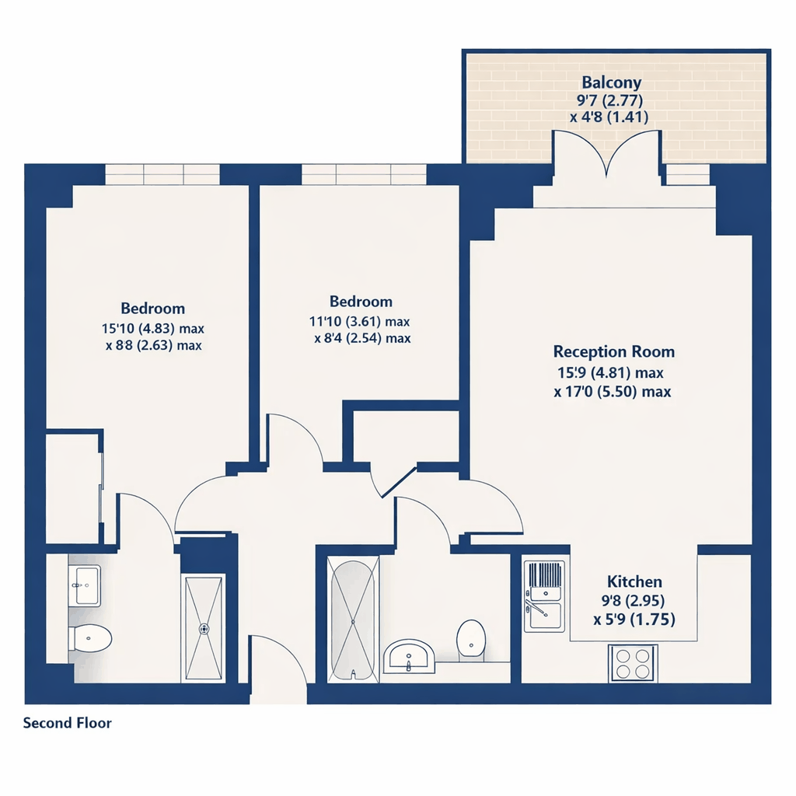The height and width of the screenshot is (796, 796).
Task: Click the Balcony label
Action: [x=611, y=82]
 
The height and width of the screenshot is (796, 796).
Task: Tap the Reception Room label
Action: [x=614, y=351]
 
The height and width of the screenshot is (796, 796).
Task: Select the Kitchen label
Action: [x=634, y=581]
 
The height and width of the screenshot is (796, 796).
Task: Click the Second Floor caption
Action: [x=67, y=722]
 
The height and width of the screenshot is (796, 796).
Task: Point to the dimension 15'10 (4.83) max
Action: [x=153, y=329]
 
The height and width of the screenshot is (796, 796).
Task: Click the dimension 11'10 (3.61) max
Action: [x=359, y=322]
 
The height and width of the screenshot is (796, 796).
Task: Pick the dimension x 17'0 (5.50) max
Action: [x=613, y=392]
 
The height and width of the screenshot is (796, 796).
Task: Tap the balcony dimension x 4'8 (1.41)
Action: [x=609, y=117]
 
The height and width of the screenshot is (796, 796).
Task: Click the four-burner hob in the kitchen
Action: [x=633, y=664]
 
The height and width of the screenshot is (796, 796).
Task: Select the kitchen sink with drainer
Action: [x=544, y=596]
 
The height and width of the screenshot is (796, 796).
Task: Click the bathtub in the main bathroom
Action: [x=353, y=620]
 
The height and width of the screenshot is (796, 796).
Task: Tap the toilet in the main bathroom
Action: [x=470, y=641]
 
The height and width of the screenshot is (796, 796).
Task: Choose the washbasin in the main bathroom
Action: [x=409, y=656]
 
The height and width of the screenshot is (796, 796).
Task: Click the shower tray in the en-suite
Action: [x=204, y=628]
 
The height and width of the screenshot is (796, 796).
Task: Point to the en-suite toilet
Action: [x=90, y=638]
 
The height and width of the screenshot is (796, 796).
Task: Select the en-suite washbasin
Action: [x=84, y=585]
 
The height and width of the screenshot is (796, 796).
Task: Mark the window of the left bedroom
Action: [x=162, y=174]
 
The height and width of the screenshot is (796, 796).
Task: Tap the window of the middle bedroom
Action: [x=364, y=174]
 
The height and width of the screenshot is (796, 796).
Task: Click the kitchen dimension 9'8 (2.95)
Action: [x=633, y=601]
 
